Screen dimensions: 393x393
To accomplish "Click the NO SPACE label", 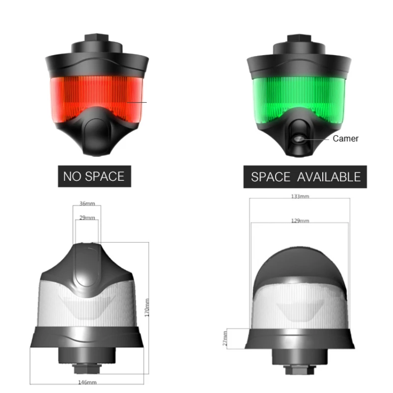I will pos(94,176).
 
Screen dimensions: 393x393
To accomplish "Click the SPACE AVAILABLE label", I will pos(306,176).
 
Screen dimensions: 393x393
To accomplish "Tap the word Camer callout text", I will pos(345,139).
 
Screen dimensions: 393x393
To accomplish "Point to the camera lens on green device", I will pos(298,139).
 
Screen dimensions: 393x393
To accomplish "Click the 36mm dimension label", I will pos(87,203).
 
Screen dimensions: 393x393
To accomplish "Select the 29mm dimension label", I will pos(87,217).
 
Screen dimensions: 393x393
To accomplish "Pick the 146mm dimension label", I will pos(87,382).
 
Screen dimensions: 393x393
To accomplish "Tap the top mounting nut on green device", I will pos(298,39).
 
